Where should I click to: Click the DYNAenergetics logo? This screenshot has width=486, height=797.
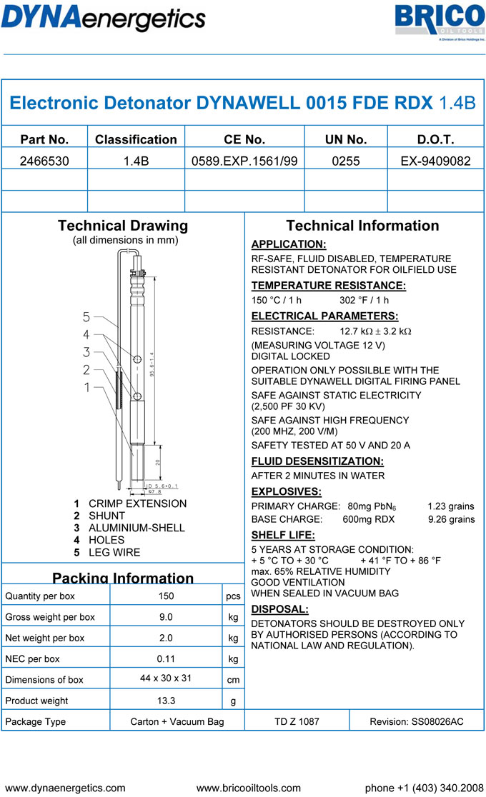pos(104,17)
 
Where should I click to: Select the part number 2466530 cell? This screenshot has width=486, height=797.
pos(44,161)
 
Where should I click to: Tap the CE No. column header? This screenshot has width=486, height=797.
pos(244,139)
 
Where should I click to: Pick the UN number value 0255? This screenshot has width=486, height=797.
pos(346,161)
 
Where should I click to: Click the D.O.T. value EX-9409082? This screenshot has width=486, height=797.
pos(436,161)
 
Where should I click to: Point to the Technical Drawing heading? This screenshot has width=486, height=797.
pos(123,226)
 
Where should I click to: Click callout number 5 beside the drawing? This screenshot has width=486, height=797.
pos(86,316)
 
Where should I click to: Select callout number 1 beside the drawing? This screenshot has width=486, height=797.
pos(86,387)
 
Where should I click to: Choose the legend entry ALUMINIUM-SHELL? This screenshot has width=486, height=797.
pos(137,528)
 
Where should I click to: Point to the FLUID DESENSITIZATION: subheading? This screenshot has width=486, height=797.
pos(317,461)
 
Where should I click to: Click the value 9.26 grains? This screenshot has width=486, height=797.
pos(451,519)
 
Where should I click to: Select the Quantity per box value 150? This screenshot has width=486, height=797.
pos(166,596)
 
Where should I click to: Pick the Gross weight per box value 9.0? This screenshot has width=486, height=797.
pos(166,616)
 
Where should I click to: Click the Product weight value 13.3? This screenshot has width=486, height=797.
pos(166,701)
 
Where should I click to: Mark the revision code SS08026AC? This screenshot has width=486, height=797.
pos(416,721)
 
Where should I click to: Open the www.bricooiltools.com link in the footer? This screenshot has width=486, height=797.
pos(249,788)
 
